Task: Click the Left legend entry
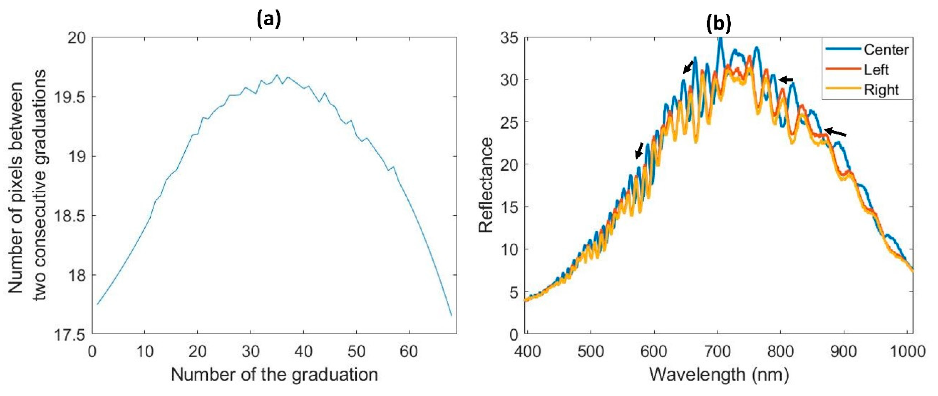tap(876, 70)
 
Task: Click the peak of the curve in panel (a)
tap(277, 75)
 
